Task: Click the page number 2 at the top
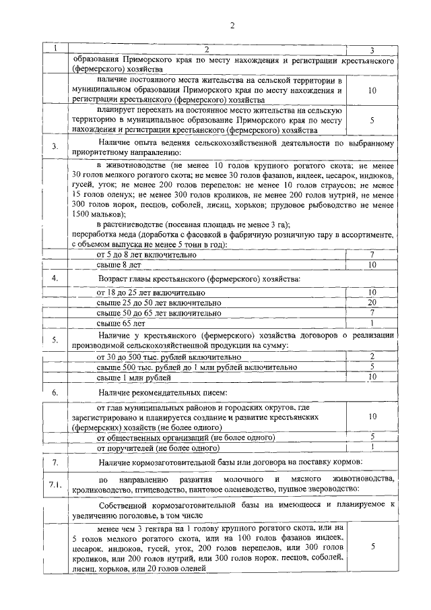point(231,26)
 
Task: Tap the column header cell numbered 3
point(372,50)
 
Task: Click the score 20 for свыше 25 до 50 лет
point(372,303)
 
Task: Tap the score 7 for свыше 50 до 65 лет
point(372,313)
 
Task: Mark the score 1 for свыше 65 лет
point(372,324)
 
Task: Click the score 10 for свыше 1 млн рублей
point(372,377)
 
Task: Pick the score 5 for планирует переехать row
point(372,120)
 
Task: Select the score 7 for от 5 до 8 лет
point(372,255)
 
